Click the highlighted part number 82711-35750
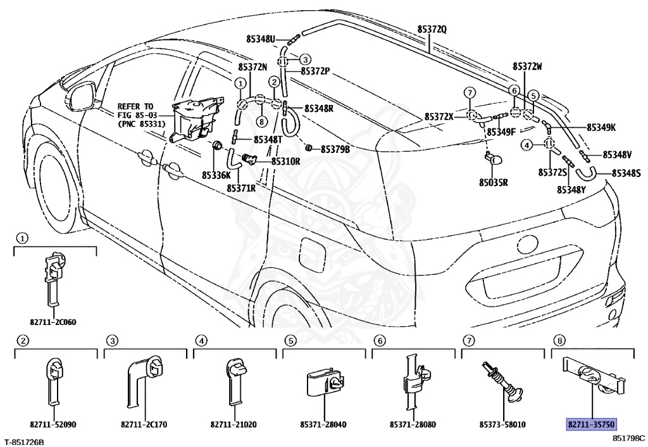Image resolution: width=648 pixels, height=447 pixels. [592, 424]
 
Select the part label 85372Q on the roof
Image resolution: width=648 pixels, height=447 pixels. [432, 29]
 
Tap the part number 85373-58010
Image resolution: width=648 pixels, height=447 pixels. [502, 424]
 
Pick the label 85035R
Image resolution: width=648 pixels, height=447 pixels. [494, 182]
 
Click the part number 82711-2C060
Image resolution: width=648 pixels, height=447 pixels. [53, 322]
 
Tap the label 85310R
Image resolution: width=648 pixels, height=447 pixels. [285, 161]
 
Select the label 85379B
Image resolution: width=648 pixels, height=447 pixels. [335, 149]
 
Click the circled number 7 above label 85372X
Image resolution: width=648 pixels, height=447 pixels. [470, 92]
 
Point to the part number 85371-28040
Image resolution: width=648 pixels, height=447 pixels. [323, 424]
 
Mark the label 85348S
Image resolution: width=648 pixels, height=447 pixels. [626, 173]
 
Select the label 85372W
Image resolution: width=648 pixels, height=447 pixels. [527, 66]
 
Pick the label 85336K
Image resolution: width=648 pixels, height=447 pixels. [216, 175]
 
